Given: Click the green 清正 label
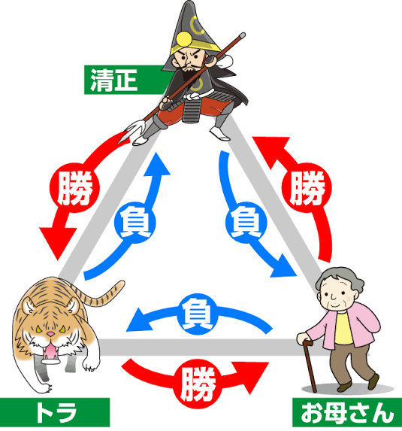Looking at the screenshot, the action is [x=125, y=80].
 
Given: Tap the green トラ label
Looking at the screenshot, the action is [x=55, y=412].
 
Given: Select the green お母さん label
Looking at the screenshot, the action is [x=347, y=412].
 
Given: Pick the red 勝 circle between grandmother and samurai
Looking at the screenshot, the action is [x=307, y=188].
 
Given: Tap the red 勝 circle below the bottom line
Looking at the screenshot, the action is [x=198, y=384].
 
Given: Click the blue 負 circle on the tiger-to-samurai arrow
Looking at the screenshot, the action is [x=135, y=223].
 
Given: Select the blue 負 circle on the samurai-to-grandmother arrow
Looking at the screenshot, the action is [x=246, y=223].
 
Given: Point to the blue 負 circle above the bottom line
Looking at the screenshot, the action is [x=198, y=314].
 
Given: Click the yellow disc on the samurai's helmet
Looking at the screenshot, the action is [x=184, y=40].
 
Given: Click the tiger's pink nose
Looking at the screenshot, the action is [x=50, y=334].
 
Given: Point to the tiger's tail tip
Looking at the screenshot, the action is [x=121, y=284].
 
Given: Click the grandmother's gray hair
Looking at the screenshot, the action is [x=340, y=281].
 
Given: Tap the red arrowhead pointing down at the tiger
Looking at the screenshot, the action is [x=58, y=243].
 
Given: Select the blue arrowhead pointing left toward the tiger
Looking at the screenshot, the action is [x=139, y=320].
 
